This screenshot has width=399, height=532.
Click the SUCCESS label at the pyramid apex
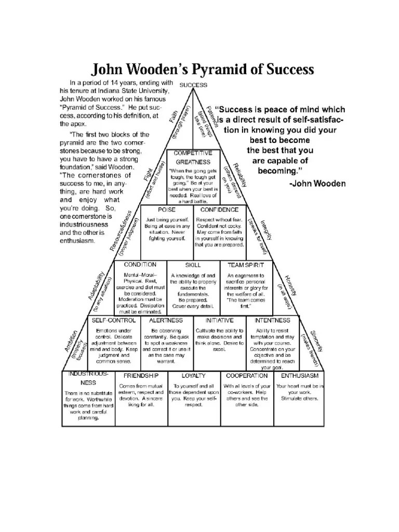(x=193, y=85)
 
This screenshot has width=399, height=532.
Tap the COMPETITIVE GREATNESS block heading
(x=193, y=157)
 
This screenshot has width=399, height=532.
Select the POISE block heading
(x=167, y=210)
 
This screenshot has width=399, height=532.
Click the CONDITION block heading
(x=140, y=264)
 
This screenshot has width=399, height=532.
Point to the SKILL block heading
(x=193, y=265)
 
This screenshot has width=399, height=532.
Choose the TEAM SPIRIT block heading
(x=246, y=265)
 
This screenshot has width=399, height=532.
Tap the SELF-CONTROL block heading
(x=114, y=321)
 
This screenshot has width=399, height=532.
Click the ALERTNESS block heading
(x=166, y=321)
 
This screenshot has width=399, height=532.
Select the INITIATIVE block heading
(x=219, y=321)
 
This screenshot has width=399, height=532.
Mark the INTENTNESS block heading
(x=272, y=321)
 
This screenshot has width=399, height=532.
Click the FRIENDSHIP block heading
(x=141, y=376)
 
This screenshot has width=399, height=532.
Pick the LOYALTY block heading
(x=193, y=376)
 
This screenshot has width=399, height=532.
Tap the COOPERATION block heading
(x=246, y=376)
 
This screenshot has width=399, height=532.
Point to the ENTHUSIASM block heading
(x=300, y=376)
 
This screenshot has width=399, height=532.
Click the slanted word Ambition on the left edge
(x=72, y=341)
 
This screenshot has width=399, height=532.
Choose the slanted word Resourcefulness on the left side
(x=121, y=230)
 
